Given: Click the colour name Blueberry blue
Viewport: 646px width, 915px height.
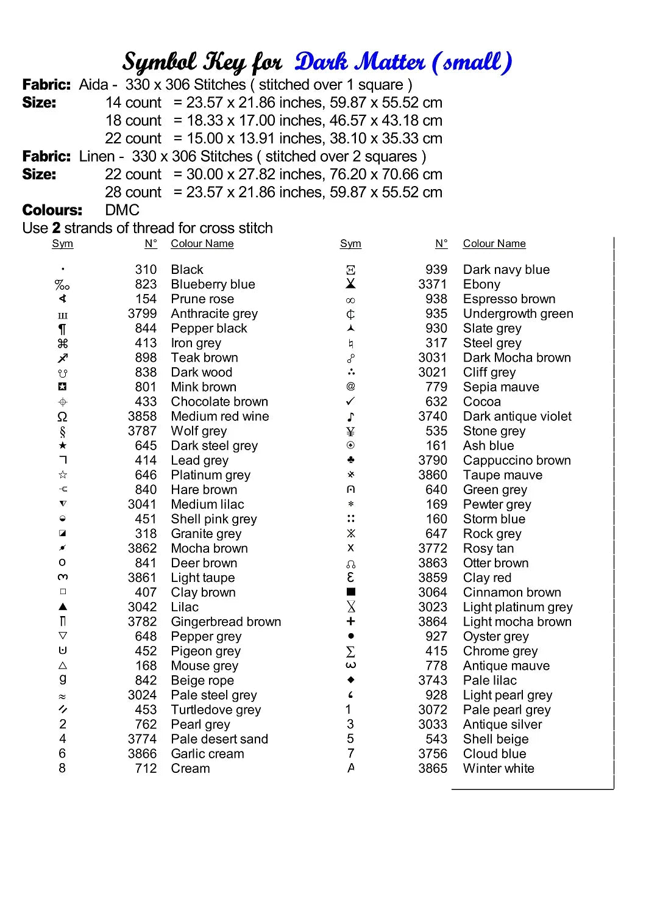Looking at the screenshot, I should pyautogui.click(x=213, y=284).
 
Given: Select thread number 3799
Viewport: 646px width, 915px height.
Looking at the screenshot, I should pyautogui.click(x=142, y=314).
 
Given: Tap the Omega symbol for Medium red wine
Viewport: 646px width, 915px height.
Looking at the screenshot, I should pyautogui.click(x=62, y=417).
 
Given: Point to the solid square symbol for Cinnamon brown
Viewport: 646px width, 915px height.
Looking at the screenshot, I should pyautogui.click(x=350, y=592).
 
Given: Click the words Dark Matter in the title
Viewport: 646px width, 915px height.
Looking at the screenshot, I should pyautogui.click(x=360, y=62).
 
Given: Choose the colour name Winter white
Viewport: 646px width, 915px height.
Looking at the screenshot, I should pyautogui.click(x=498, y=769).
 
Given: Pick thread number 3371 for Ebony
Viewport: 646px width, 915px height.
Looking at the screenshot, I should pyautogui.click(x=432, y=284).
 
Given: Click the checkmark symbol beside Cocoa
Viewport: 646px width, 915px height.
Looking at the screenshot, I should pyautogui.click(x=350, y=401).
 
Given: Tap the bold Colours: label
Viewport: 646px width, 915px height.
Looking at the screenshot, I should pyautogui.click(x=52, y=210).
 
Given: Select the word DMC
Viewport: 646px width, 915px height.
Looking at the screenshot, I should pyautogui.click(x=122, y=210).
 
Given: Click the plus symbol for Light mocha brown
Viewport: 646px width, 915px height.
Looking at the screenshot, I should pyautogui.click(x=350, y=621).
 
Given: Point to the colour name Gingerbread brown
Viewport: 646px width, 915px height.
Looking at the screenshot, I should pyautogui.click(x=225, y=622).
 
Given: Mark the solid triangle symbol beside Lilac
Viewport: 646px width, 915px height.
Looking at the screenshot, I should pyautogui.click(x=62, y=607).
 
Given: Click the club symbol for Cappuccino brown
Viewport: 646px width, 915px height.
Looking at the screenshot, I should pyautogui.click(x=350, y=460).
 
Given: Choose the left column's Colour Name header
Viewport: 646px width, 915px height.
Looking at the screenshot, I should pyautogui.click(x=202, y=244).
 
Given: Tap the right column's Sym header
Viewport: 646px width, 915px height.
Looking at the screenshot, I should pyautogui.click(x=350, y=244).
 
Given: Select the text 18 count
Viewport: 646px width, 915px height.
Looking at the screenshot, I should pyautogui.click(x=133, y=121).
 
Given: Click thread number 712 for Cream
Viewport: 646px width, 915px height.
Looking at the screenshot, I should pyautogui.click(x=146, y=769).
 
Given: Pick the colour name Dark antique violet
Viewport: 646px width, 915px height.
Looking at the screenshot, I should pyautogui.click(x=517, y=417).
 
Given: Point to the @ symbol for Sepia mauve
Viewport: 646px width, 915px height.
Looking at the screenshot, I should pyautogui.click(x=350, y=386).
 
